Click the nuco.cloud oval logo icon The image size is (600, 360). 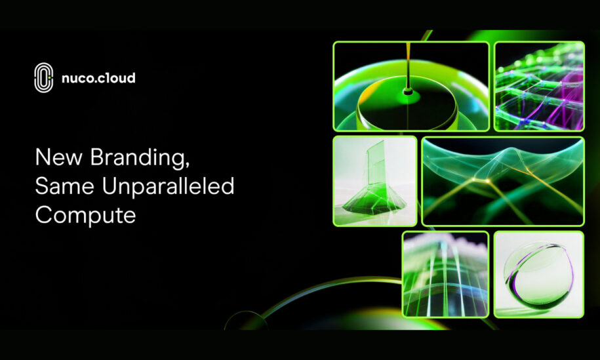(44, 77)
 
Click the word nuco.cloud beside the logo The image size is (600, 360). (98, 78)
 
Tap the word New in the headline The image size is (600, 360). (58, 157)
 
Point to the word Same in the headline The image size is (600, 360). (65, 186)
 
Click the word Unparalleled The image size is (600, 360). (168, 186)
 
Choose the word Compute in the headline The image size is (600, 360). (86, 215)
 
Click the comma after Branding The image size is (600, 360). (187, 165)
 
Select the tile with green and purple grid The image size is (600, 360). (540, 86)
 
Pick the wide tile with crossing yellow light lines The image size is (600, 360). (503, 182)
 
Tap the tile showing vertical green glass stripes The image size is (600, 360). (445, 274)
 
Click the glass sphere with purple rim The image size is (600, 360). (539, 275)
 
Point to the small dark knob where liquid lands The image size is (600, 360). (408, 91)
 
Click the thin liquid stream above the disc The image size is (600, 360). (409, 65)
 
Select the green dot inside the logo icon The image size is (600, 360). (49, 77)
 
